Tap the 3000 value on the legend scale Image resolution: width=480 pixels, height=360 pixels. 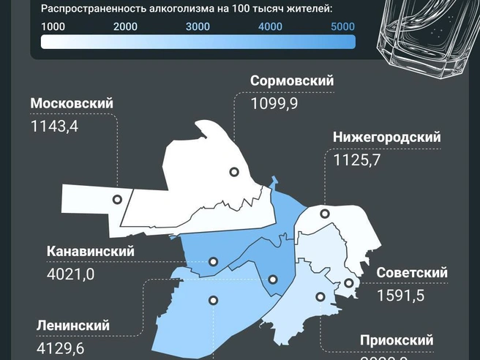198,27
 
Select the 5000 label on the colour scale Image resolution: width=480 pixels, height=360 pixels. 342,27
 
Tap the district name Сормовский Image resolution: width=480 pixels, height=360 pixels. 292,81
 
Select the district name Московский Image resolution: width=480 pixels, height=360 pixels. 72,103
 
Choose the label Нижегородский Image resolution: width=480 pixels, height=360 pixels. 386,138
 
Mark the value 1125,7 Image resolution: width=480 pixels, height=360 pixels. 356,160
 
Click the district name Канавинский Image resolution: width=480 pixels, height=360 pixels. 91,251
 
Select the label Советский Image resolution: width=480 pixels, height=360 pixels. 412,273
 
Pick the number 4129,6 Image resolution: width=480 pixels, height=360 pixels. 60,348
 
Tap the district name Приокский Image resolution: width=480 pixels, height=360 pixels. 397,340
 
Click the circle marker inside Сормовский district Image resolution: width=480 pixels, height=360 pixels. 234,172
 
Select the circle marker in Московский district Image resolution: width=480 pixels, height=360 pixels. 117,200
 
